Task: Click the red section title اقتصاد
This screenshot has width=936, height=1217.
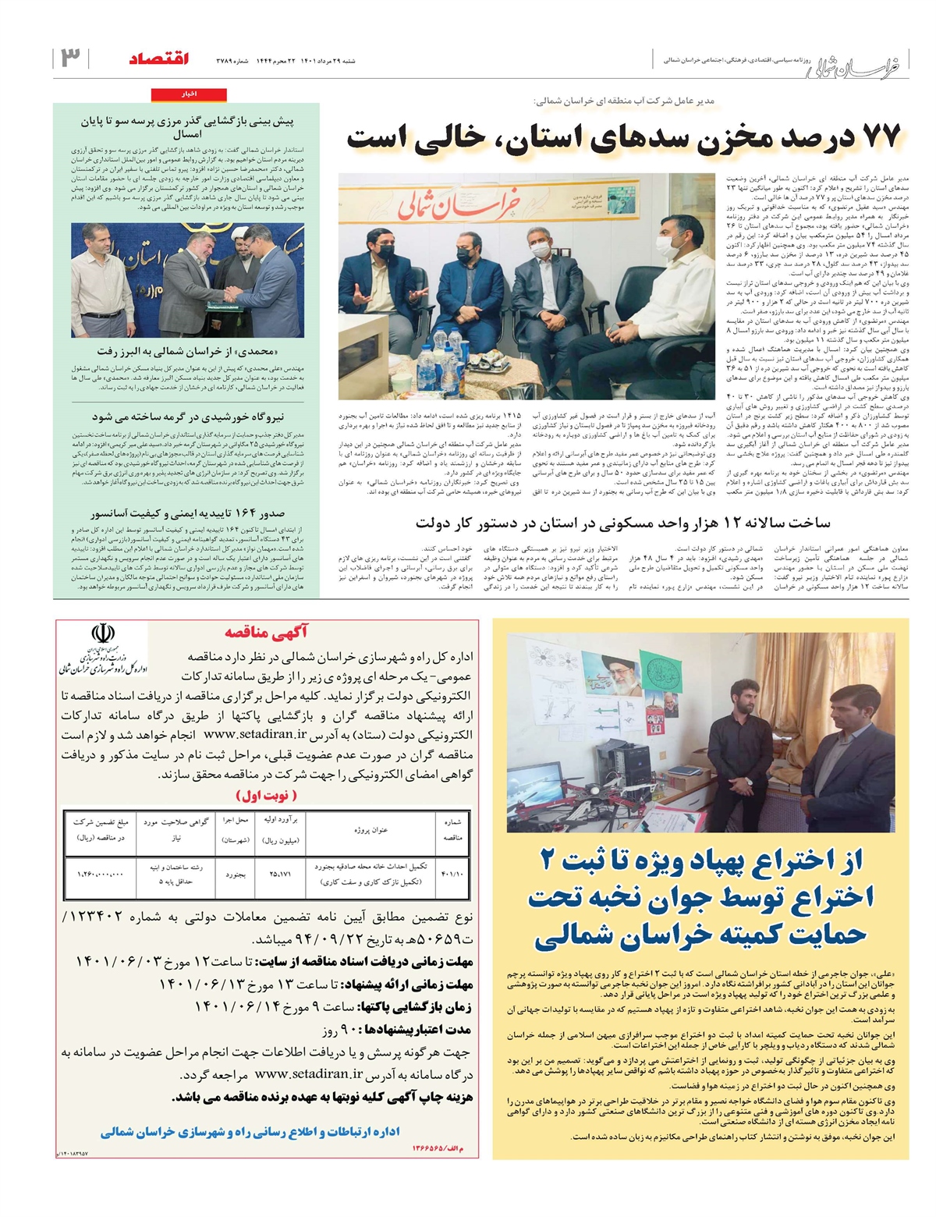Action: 159,59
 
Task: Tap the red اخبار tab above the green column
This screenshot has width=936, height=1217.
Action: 190,94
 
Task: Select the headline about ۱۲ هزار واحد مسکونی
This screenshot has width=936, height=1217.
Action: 622,523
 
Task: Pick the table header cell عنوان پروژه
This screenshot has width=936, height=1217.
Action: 370,829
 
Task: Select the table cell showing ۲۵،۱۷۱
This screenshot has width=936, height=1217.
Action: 281,874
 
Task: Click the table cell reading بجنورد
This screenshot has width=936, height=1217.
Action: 236,875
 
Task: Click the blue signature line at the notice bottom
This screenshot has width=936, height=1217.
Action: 250,1131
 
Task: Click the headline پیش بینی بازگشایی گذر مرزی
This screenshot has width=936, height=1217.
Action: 187,127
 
